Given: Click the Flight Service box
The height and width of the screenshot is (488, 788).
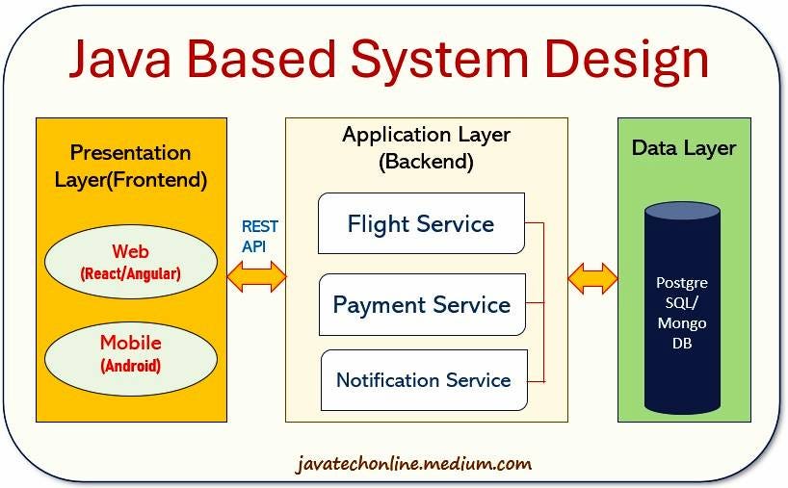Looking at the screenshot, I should [x=421, y=223].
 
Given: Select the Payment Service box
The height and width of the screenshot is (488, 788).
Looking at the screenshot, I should [x=422, y=305].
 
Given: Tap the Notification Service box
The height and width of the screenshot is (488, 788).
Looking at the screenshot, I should [x=424, y=380].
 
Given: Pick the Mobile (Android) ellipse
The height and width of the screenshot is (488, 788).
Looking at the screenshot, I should [x=130, y=352].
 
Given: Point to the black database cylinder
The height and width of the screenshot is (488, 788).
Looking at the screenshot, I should [x=681, y=307].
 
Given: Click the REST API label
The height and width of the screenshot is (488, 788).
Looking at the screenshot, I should [x=259, y=236].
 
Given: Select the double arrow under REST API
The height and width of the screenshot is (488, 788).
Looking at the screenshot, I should [x=256, y=277].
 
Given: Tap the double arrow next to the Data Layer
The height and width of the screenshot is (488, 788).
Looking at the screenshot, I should [x=592, y=278].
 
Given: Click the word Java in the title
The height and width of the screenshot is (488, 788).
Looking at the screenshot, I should [x=124, y=59].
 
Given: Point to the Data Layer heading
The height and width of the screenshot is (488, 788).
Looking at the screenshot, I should [x=683, y=148].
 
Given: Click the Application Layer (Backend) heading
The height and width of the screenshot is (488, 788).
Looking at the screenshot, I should [x=426, y=147].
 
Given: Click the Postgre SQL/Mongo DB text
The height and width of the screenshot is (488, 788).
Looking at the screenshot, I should [x=681, y=313].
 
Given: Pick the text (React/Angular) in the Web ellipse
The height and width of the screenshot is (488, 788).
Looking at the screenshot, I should [x=130, y=274].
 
